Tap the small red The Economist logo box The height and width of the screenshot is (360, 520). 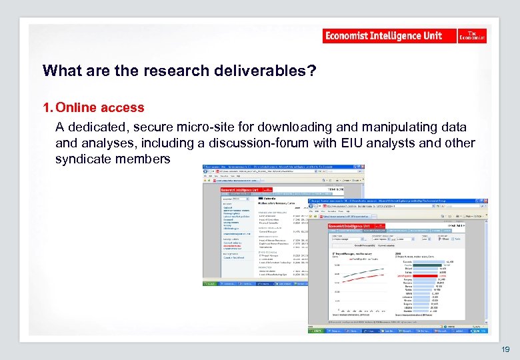pyautogui.click(x=472, y=36)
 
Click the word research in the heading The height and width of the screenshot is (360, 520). pyautogui.click(x=149, y=71)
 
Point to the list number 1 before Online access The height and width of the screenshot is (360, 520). pyautogui.click(x=46, y=107)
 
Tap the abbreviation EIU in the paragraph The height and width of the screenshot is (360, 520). pyautogui.click(x=382, y=143)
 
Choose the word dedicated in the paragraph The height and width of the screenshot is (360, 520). pyautogui.click(x=100, y=127)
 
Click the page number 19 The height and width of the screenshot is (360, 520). pyautogui.click(x=505, y=349)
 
